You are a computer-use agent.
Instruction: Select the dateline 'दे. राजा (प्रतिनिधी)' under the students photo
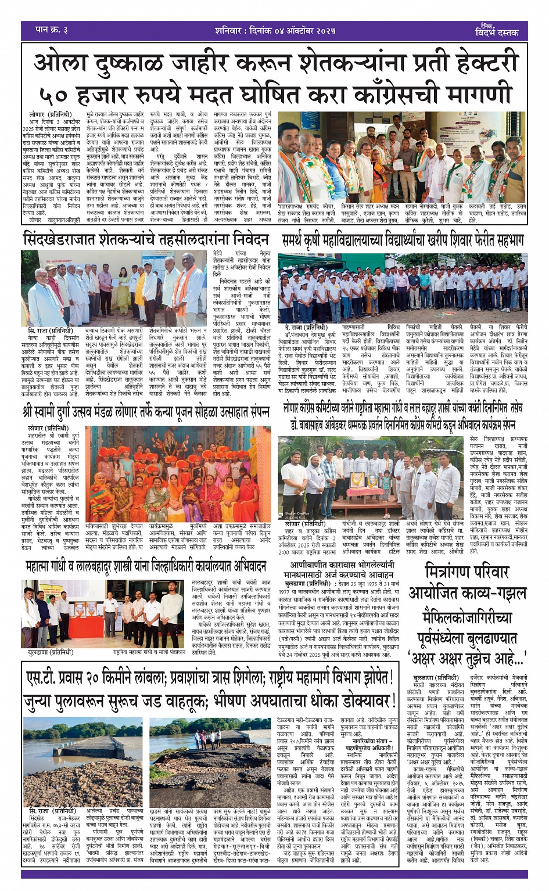pyautogui.click(x=306, y=328)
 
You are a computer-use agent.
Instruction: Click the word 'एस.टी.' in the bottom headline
pyautogui.click(x=47, y=678)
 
